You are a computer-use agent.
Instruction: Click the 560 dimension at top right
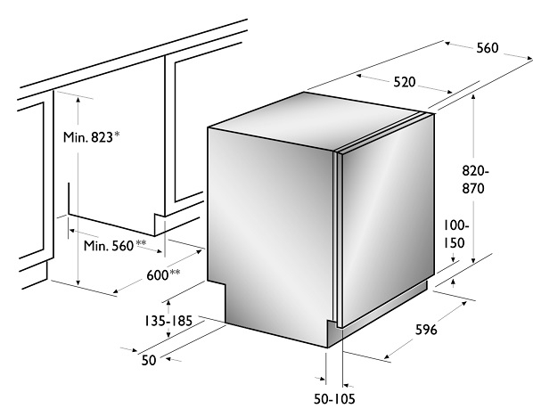tap(488, 48)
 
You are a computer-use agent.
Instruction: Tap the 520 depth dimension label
tap(405, 82)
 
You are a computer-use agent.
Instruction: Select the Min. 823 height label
tap(87, 137)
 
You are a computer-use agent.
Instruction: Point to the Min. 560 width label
tap(109, 245)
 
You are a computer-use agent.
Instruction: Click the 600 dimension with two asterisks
tap(158, 275)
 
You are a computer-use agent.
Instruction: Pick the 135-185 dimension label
tap(168, 321)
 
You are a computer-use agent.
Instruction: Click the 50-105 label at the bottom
tap(334, 399)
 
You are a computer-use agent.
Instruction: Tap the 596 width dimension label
tap(426, 330)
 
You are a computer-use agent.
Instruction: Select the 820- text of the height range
tap(475, 170)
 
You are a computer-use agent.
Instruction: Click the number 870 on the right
tap(472, 188)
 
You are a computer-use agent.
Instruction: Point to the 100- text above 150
tap(456, 225)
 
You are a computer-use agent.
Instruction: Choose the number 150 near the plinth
tap(455, 243)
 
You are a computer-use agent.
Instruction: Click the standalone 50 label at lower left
tap(149, 360)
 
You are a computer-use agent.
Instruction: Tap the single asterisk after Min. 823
tap(117, 135)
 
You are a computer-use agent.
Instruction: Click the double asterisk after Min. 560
tap(141, 242)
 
